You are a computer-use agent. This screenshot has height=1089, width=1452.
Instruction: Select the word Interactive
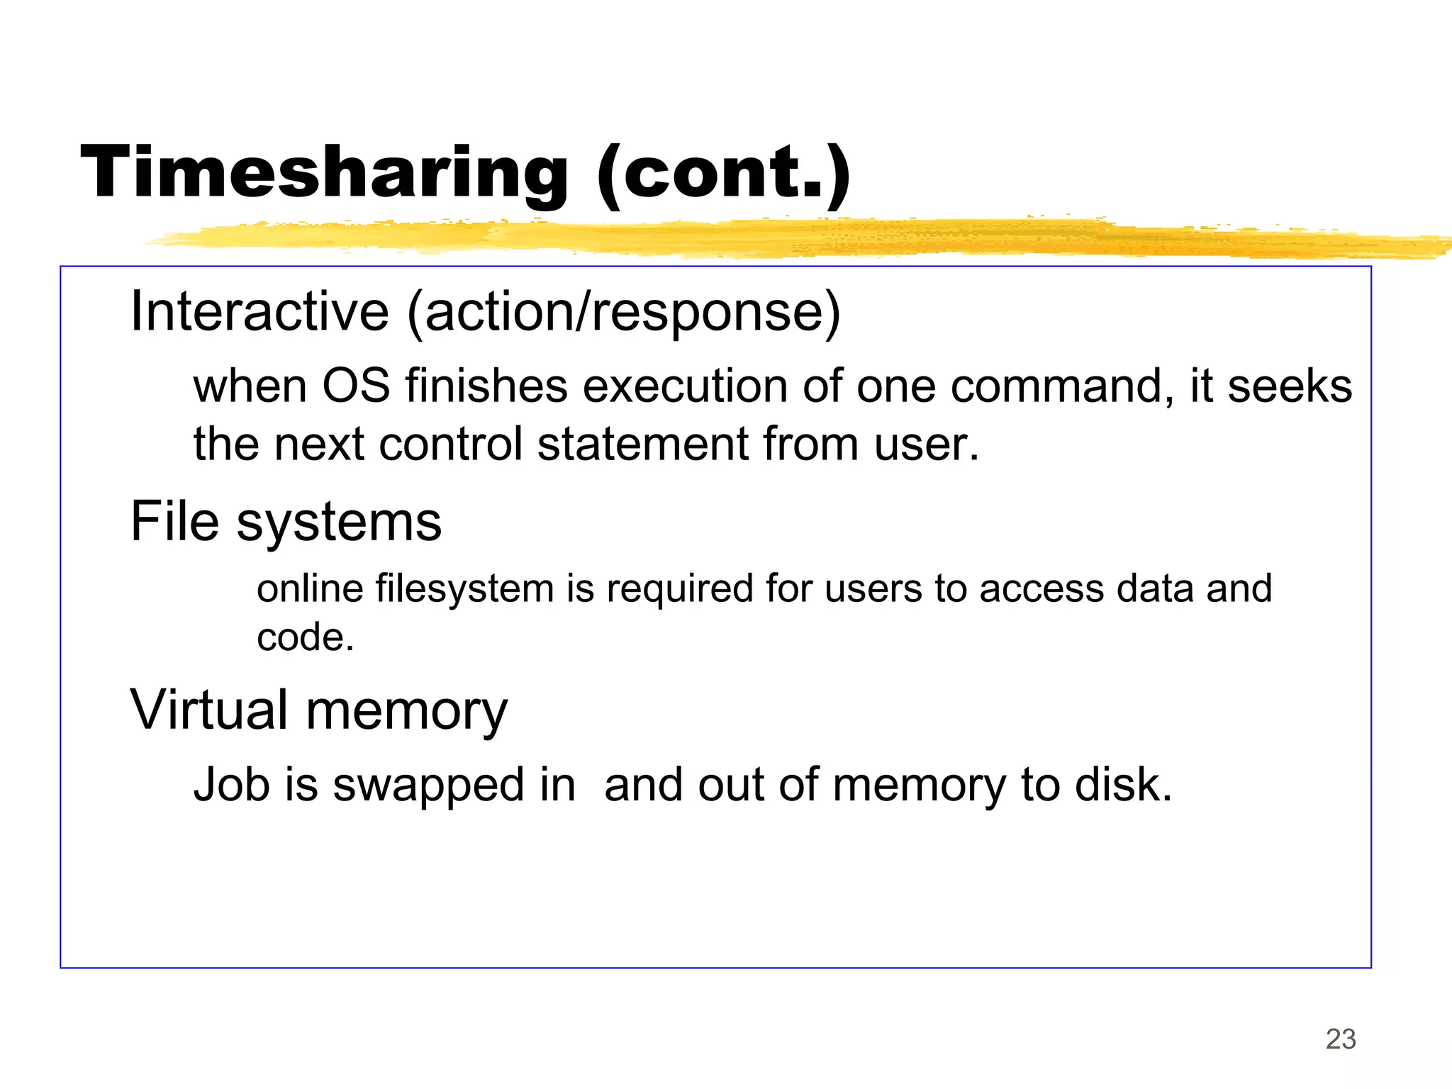click(259, 312)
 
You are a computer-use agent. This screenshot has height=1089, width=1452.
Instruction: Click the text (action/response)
click(624, 312)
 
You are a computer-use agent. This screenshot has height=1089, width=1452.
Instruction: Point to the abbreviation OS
click(356, 387)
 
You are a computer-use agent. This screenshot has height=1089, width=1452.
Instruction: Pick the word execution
click(685, 387)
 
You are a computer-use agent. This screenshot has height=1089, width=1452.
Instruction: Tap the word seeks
click(1290, 387)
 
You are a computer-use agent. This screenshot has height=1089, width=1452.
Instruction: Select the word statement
click(642, 445)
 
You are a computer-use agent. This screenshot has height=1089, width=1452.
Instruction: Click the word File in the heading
click(174, 522)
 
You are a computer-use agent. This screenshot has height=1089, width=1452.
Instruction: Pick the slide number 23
click(1341, 1039)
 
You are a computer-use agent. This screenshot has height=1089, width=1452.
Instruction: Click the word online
click(308, 589)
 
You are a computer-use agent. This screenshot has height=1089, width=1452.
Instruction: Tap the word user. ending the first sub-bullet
click(926, 445)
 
